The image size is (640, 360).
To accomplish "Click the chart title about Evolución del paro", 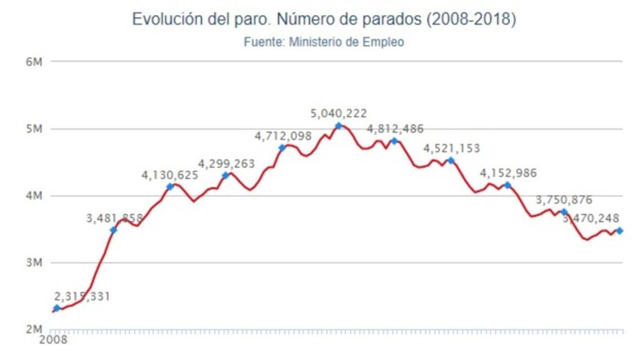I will coord(324,19).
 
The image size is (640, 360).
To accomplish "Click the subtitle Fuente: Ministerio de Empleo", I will coord(324,42).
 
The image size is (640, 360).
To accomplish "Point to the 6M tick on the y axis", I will coord(33,62).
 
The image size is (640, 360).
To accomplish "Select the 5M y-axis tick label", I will coord(33,129).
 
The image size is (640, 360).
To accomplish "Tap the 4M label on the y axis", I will coord(33,196).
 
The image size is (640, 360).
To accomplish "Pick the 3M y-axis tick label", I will coord(33,262).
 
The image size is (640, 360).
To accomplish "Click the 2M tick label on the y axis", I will coord(33,329).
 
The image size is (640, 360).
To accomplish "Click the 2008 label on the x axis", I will coord(53,341).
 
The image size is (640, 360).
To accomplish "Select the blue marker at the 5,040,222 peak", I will coord(339,126).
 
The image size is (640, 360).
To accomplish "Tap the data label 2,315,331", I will coord(82,296).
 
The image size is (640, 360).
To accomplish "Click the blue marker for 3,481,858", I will coord(113,230).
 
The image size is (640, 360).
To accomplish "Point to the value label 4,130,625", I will coord(170,175).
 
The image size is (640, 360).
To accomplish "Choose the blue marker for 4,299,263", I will coord(226,175).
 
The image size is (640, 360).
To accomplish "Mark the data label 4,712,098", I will coord(282,136).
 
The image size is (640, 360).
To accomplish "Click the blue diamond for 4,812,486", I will coord(394,141).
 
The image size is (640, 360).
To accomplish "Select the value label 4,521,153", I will coord(452,149).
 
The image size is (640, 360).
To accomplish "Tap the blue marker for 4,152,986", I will coord(507,185).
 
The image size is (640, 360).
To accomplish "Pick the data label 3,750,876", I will coord(564,200).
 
